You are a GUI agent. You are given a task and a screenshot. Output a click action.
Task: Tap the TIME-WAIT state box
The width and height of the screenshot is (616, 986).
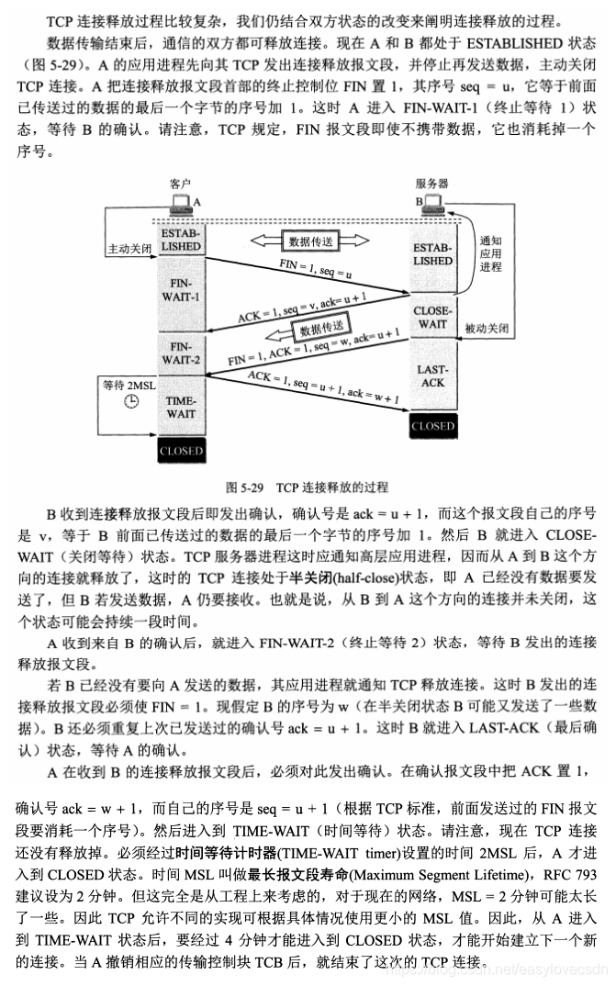(x=180, y=408)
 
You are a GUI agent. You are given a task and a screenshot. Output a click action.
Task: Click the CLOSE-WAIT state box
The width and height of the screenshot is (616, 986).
(x=432, y=317)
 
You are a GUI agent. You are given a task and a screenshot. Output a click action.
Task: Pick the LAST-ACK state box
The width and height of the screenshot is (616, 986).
(x=432, y=375)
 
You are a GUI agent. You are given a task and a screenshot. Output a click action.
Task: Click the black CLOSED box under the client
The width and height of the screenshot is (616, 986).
(x=180, y=451)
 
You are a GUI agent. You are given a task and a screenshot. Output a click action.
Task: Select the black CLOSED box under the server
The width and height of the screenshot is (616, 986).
(x=432, y=426)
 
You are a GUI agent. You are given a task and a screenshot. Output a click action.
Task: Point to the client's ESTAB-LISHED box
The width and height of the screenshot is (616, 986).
(x=180, y=240)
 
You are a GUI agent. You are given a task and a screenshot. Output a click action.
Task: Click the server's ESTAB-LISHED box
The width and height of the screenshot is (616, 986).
(x=432, y=254)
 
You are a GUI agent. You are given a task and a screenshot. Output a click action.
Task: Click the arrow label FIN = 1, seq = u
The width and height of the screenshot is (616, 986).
(x=316, y=271)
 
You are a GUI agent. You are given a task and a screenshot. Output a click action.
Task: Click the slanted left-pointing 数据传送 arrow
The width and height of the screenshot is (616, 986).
(x=319, y=327)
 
